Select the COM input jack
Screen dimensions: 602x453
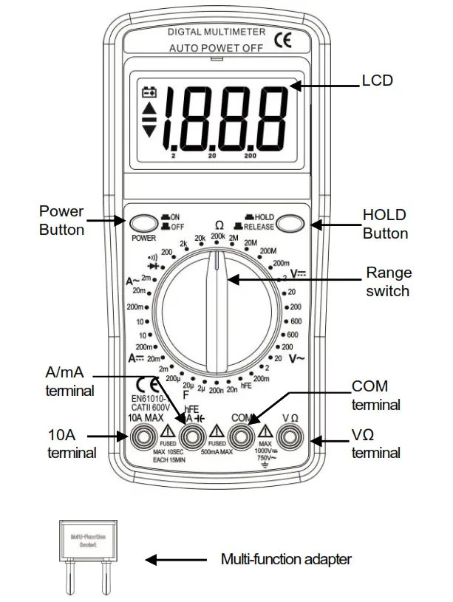click(242, 439)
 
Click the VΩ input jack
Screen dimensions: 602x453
click(289, 439)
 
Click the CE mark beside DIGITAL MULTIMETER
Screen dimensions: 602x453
click(283, 41)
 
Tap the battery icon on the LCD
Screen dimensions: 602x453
click(150, 93)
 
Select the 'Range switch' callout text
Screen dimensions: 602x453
click(388, 281)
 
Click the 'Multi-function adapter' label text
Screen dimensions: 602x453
click(286, 559)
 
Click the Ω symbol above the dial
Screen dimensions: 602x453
click(219, 225)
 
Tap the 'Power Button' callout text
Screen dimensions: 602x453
click(62, 220)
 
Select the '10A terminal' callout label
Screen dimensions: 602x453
click(72, 443)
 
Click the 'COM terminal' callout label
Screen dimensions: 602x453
click(376, 395)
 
